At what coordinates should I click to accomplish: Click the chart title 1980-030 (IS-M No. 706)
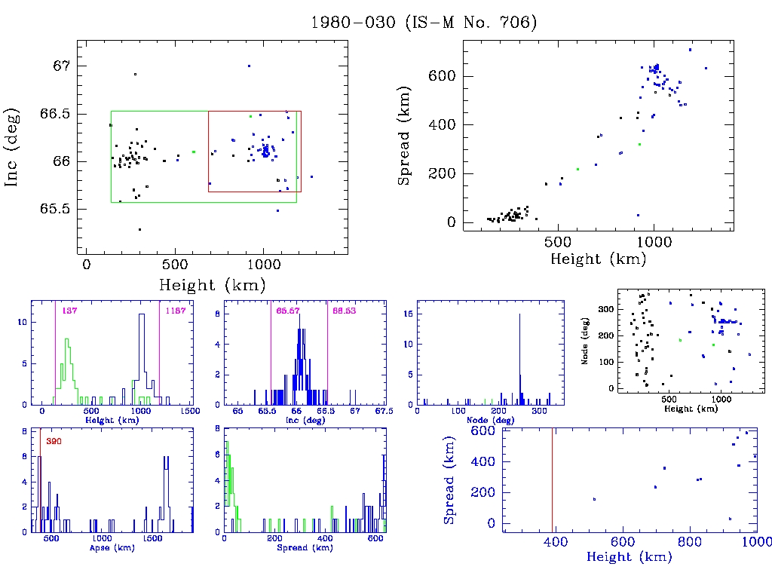(424, 23)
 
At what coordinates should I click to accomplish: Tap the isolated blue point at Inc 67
(249, 66)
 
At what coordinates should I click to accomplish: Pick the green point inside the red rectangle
(250, 116)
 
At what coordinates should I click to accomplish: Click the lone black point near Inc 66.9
(135, 74)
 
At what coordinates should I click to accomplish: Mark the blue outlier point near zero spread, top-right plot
(638, 215)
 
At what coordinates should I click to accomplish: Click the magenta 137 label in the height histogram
(71, 311)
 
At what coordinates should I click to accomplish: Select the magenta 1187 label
(175, 311)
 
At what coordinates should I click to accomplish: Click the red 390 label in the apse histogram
(54, 440)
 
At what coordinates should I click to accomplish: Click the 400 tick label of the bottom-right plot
(555, 542)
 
